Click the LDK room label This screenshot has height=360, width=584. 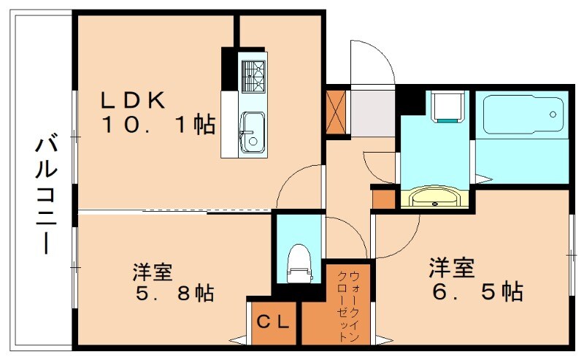tap(136, 100)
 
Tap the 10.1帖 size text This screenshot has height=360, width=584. tap(158, 126)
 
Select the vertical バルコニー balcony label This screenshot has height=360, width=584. tap(45, 194)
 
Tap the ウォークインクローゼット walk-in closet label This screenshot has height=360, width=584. tap(348, 306)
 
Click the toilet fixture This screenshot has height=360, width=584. tap(298, 263)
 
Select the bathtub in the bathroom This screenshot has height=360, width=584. tap(521, 114)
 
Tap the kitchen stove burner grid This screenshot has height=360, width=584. tap(253, 76)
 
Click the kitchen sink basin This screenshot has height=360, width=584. tap(253, 132)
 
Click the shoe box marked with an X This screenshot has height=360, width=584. tap(337, 112)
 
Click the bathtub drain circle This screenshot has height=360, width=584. tap(553, 115)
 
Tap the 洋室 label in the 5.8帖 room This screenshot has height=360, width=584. tap(152, 272)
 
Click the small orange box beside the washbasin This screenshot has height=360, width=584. tap(383, 197)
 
